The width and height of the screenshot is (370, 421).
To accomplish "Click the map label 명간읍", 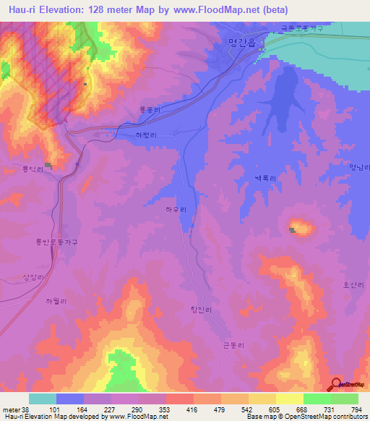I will pyautogui.click(x=241, y=42).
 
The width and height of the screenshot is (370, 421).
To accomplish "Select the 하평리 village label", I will pyautogui.click(x=147, y=135).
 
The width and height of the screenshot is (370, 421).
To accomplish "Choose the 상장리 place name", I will pyautogui.click(x=35, y=277).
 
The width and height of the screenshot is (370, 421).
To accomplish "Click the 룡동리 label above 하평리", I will pyautogui.click(x=149, y=111).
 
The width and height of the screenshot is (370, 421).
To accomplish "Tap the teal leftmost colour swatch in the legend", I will pyautogui.click(x=43, y=399).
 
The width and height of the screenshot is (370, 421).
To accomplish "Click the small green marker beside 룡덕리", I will pyautogui.click(x=48, y=166).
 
